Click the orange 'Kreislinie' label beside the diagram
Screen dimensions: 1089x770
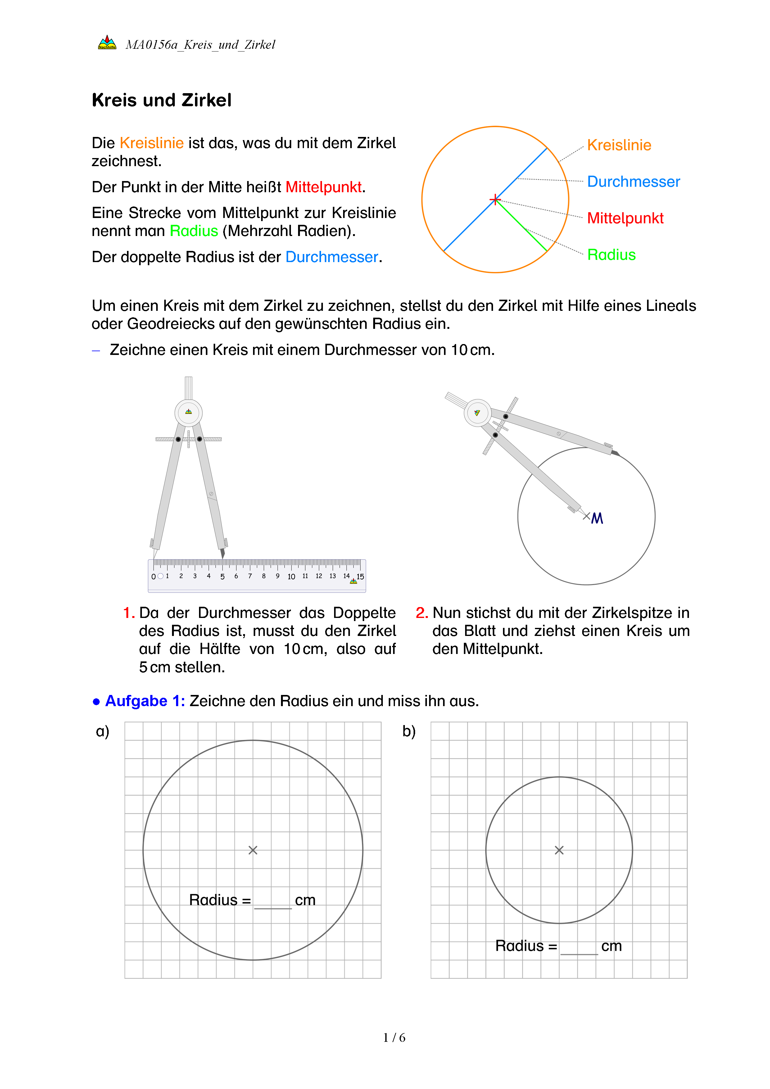(619, 145)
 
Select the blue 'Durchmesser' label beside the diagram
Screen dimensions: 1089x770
(633, 182)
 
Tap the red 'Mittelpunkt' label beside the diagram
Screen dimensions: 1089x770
(625, 218)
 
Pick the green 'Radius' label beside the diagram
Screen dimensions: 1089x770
(611, 255)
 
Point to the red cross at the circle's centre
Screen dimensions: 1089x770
(495, 200)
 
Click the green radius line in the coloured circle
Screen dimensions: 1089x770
(522, 226)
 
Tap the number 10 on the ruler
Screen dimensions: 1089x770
(291, 577)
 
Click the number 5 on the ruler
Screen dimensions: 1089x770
(222, 577)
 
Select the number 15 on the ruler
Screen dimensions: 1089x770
(360, 577)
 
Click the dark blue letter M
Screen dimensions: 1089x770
(597, 518)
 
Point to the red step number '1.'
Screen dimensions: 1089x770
(129, 613)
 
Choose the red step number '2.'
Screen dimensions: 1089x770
(422, 613)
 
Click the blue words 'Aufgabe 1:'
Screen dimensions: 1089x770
(145, 701)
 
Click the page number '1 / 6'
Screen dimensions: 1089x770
(394, 1038)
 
